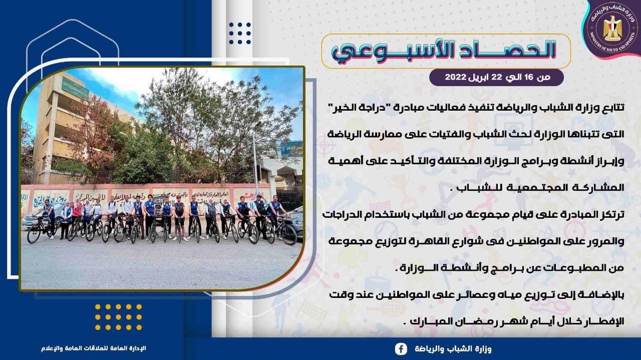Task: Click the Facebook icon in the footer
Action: [401, 349]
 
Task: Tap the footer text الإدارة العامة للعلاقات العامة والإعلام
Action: [94, 348]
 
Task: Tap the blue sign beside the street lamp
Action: [291, 149]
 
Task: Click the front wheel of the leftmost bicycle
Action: [34, 233]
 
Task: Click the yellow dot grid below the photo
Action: [119, 317]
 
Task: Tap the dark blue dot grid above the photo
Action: [240, 33]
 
